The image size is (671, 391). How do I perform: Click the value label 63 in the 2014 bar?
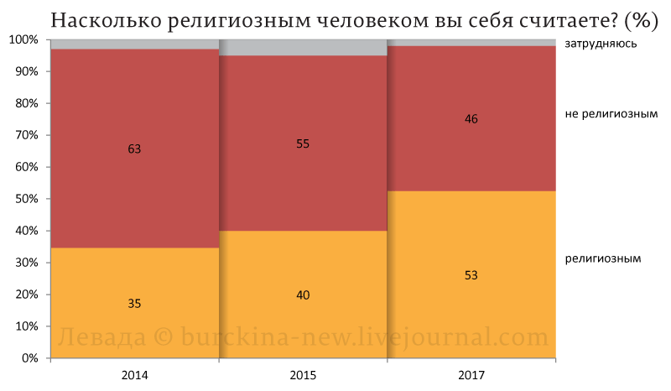134,149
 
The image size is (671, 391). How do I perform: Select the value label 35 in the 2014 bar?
134,303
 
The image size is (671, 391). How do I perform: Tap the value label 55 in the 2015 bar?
303,143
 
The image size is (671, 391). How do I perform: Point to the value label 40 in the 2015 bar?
303,295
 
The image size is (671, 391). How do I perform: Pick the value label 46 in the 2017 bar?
471,118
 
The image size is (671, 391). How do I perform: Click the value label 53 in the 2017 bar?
471,275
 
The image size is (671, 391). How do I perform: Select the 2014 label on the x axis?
134,375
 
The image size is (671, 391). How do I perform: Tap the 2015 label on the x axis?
303,375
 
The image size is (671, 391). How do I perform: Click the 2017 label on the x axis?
471,375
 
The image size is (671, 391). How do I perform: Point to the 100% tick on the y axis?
24,39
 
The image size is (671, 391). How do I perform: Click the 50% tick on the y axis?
27,199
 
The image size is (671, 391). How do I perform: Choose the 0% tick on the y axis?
29,358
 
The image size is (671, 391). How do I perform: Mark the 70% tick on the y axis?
27,135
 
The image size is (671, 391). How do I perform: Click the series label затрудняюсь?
601,44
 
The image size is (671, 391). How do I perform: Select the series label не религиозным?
611,114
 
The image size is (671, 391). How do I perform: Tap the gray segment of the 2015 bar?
303,48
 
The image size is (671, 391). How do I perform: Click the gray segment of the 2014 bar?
135,44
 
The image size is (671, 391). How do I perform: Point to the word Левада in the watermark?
101,337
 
